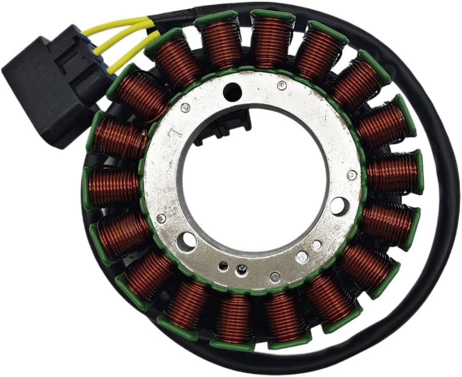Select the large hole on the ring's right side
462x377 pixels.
337,205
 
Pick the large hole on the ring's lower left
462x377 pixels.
187,241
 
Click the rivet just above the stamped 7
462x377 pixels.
186,107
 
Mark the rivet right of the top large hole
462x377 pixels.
281,86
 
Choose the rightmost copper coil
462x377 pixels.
393,173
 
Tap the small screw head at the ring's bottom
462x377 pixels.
242,270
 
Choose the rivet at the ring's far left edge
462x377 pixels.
161,218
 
